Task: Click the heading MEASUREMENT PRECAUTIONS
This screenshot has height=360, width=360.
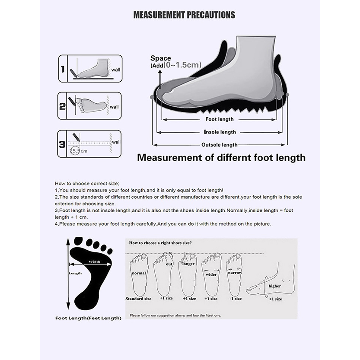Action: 184,15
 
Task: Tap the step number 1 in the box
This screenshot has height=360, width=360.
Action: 63,69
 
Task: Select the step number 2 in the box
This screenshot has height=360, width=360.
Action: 63,105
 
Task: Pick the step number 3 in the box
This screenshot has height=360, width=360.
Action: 63,144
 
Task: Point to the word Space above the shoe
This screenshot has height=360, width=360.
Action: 160,58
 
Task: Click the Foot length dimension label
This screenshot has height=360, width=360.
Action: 220,119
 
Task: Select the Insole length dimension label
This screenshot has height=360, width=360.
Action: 220,132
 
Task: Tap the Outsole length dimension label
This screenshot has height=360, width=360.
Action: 220,145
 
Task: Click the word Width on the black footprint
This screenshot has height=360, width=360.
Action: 95,261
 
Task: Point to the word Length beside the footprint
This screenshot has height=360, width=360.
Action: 75,273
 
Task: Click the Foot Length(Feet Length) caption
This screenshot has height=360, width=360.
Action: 88,318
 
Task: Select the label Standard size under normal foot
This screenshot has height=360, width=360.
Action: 138,299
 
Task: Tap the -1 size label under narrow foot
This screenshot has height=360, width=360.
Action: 235,299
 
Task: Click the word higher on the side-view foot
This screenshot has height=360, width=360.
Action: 274,286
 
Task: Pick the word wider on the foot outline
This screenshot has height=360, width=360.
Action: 211,274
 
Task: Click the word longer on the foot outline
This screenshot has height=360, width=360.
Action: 189,263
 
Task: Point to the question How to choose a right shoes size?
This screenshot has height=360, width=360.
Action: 160,243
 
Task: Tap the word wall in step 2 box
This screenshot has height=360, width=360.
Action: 114,107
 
